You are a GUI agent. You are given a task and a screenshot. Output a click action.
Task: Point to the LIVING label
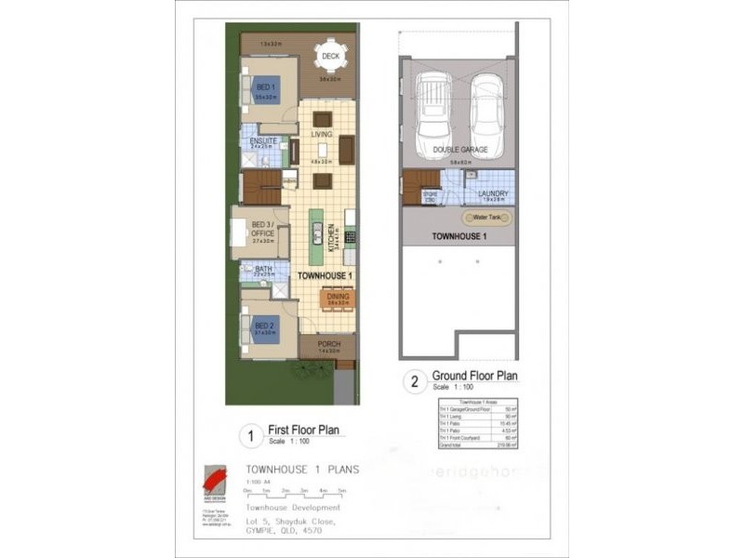click(x=322, y=135)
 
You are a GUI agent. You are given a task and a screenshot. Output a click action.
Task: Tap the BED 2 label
click(x=263, y=325)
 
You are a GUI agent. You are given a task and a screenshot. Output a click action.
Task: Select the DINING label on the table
click(x=338, y=297)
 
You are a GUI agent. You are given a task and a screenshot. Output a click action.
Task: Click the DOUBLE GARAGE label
click(x=459, y=149)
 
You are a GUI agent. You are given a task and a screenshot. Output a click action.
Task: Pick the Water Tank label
click(x=487, y=217)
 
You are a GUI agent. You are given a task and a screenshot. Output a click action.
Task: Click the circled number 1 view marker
click(x=248, y=434)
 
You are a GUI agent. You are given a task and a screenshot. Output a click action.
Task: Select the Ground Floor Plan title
click(x=474, y=376)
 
